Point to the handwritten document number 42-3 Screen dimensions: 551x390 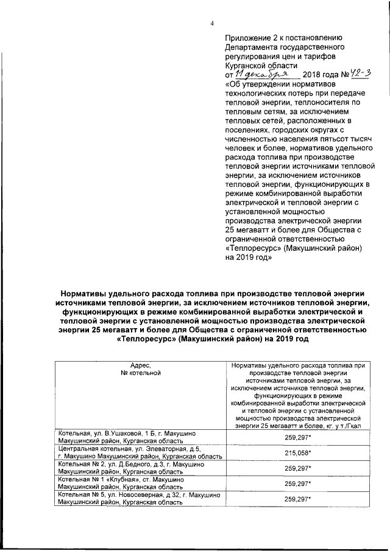(356, 72)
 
